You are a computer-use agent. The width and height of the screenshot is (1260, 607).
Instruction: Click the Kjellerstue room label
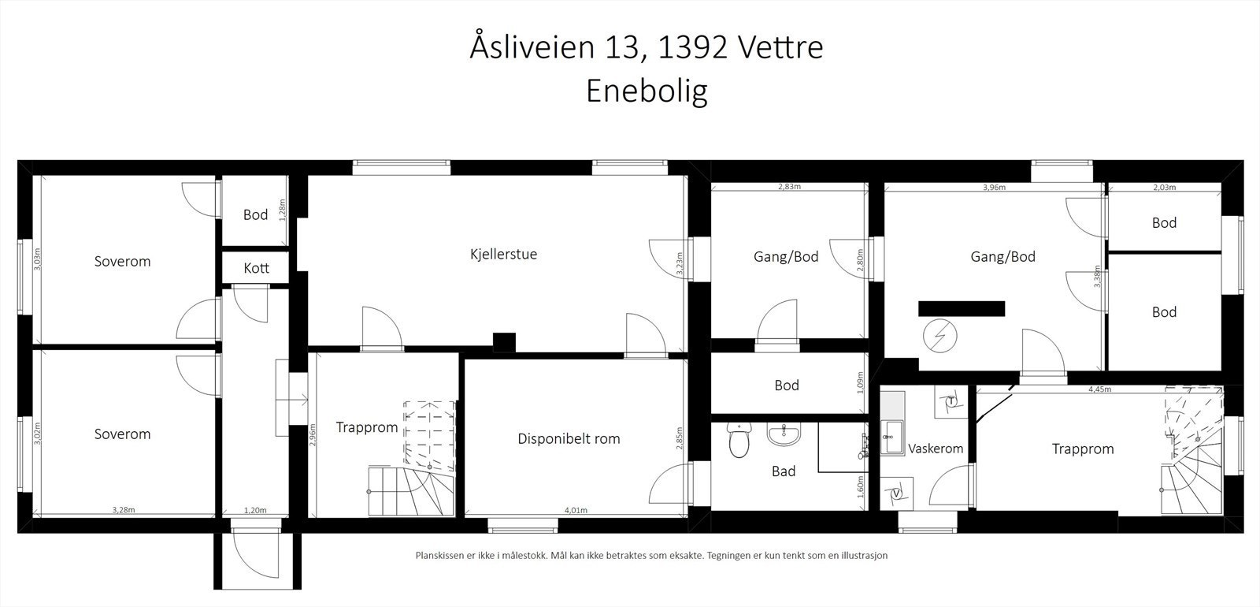(x=503, y=255)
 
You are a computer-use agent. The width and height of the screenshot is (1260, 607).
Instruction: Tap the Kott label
(x=256, y=268)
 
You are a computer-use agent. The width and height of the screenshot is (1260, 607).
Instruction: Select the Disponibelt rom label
(x=569, y=439)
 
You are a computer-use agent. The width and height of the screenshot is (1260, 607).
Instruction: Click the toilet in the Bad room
(x=739, y=442)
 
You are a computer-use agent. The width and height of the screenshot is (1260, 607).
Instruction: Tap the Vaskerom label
(x=936, y=449)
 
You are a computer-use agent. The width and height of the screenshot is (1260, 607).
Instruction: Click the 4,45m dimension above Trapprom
(x=1099, y=389)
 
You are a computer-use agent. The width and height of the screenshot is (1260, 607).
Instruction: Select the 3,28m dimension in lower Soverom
(x=124, y=511)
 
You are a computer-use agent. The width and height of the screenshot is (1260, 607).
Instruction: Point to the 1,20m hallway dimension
(x=255, y=511)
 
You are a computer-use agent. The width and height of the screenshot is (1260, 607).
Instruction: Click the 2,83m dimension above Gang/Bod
(x=789, y=188)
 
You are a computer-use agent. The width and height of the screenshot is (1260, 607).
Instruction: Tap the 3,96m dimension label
(x=995, y=188)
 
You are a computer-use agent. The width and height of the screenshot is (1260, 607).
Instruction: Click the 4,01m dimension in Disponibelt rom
(x=576, y=511)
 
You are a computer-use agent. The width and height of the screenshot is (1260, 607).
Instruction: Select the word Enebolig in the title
(x=647, y=91)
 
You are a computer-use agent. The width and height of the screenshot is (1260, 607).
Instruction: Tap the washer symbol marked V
(x=898, y=494)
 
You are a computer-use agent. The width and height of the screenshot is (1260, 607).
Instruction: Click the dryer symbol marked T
(x=951, y=401)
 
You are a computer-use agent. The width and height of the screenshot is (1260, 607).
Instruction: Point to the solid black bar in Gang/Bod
(x=962, y=308)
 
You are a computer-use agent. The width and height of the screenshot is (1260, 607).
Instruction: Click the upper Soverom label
(x=122, y=261)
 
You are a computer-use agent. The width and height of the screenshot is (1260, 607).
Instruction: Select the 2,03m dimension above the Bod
(x=1164, y=188)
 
